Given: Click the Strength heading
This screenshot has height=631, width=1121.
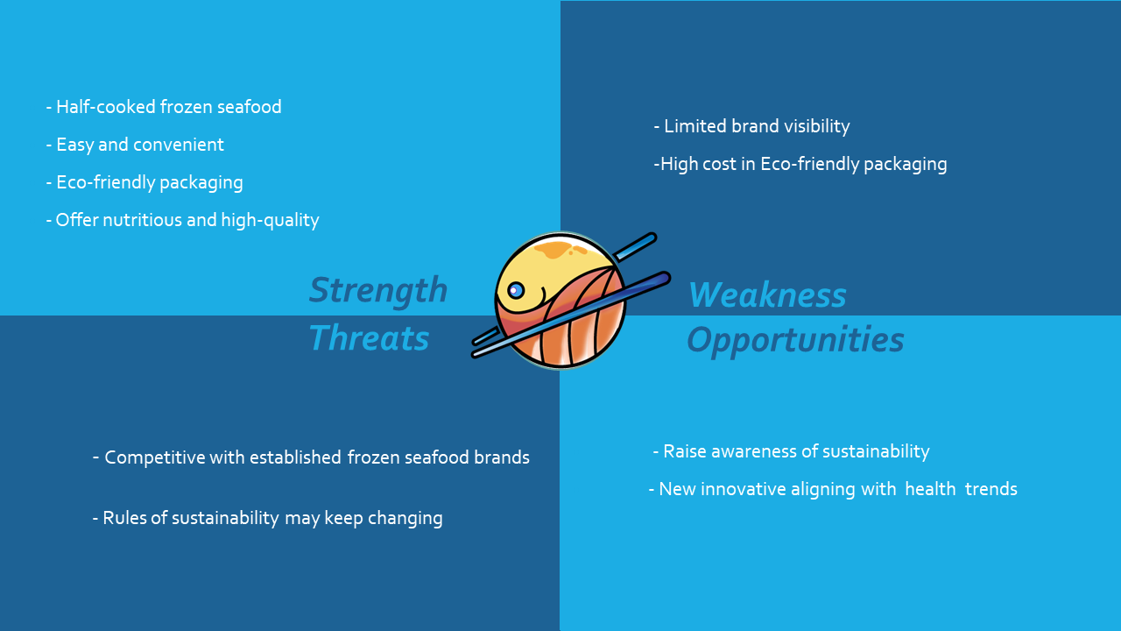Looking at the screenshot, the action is pyautogui.click(x=377, y=290).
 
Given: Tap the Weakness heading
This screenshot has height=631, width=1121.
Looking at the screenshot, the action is pyautogui.click(x=767, y=294).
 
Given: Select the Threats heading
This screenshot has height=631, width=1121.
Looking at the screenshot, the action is pyautogui.click(x=369, y=337).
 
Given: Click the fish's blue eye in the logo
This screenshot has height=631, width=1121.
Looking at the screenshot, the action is pyautogui.click(x=516, y=290).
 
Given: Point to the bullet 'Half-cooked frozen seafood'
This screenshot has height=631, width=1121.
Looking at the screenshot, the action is pyautogui.click(x=164, y=107).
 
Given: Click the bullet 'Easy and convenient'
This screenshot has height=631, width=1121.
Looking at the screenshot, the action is pyautogui.click(x=135, y=145).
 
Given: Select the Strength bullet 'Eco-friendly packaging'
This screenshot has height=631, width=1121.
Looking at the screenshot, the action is pyautogui.click(x=145, y=183).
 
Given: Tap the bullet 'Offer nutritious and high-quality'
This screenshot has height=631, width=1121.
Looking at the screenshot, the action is pyautogui.click(x=182, y=220).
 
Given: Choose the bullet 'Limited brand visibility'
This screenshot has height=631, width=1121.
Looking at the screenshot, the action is pyautogui.click(x=751, y=126).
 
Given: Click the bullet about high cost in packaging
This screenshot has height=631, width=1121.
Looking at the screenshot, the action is pyautogui.click(x=800, y=164).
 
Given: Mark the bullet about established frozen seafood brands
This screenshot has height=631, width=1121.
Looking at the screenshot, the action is pyautogui.click(x=311, y=457).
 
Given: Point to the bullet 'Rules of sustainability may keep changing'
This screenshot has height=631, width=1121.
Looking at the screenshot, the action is pyautogui.click(x=267, y=518).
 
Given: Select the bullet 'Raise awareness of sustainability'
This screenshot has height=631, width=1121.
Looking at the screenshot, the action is pyautogui.click(x=791, y=451).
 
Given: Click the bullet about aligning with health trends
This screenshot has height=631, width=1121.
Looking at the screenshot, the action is pyautogui.click(x=833, y=489).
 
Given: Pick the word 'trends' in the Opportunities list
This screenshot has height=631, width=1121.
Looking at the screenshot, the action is pyautogui.click(x=991, y=489).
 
